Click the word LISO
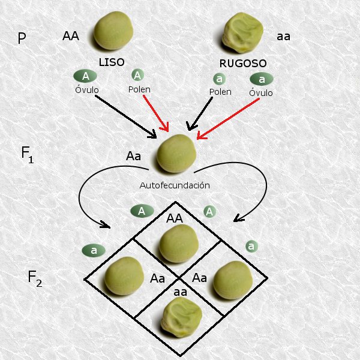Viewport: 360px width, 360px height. tap(112, 62)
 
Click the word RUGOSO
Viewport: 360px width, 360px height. tap(244, 62)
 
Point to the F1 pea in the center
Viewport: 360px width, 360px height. tap(176, 153)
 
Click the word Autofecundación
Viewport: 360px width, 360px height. tap(175, 185)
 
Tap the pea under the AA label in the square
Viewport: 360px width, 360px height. tap(179, 243)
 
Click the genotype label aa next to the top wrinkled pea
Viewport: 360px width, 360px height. tap(283, 37)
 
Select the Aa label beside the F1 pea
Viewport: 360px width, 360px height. tap(133, 157)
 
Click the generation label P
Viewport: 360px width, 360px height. tap(22, 39)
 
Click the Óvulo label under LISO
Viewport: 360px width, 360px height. tap(86, 91)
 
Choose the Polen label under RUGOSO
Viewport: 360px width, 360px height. tap(220, 92)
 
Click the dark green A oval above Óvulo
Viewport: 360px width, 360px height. tap(86, 76)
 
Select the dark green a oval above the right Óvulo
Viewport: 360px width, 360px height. tap(261, 79)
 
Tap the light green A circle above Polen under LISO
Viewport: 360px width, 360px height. tap(137, 75)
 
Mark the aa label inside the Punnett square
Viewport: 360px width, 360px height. tap(179, 292)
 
